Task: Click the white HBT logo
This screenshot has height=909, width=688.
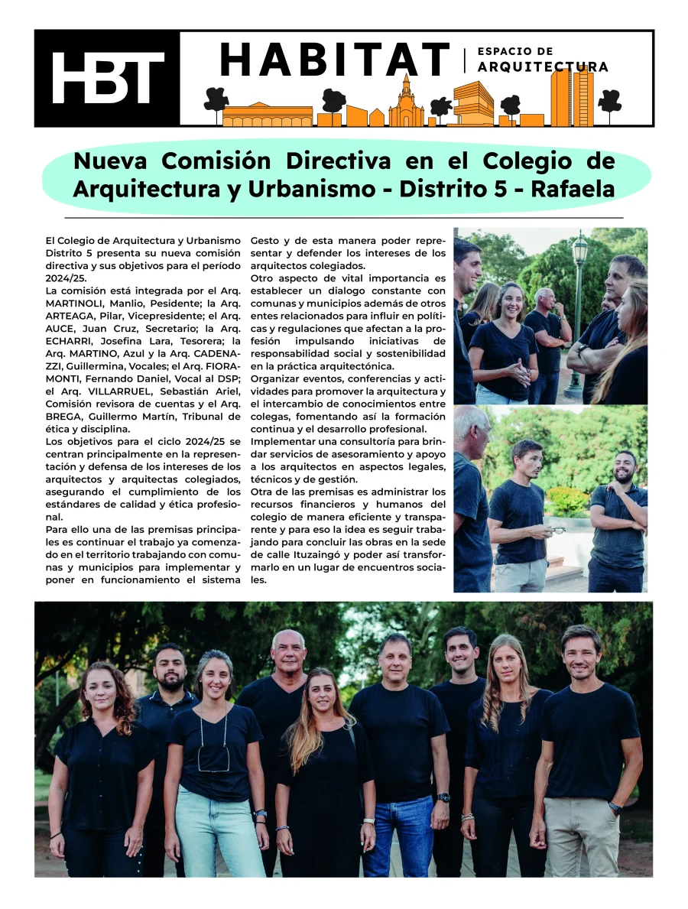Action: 107,79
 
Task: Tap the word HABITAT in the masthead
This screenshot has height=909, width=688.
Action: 335,60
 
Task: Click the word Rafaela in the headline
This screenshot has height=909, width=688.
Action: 573,188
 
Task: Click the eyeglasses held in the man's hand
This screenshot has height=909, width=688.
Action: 558,530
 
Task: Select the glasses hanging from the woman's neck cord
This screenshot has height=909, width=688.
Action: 213,758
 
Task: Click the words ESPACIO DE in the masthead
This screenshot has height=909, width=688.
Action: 514,51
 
